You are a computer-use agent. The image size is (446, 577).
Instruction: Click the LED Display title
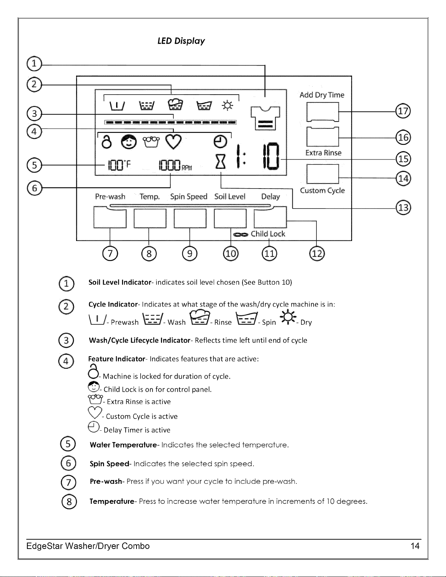(x=181, y=41)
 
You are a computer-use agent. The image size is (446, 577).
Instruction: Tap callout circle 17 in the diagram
(x=403, y=111)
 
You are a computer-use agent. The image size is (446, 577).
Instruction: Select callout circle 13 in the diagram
(x=403, y=208)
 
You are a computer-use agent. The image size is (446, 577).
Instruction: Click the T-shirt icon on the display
(x=265, y=118)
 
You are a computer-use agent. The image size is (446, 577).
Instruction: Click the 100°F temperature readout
(x=119, y=165)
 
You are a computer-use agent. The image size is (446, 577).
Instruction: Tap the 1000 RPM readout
(x=175, y=165)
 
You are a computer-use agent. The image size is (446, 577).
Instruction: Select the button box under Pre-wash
(x=110, y=217)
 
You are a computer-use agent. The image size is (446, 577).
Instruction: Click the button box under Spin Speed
(x=190, y=218)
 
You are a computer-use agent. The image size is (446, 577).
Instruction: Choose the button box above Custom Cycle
(x=323, y=174)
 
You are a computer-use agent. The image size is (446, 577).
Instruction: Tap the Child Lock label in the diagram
(x=268, y=234)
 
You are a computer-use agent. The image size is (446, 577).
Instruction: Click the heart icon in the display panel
(x=173, y=142)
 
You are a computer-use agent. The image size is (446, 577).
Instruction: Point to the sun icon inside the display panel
(x=227, y=106)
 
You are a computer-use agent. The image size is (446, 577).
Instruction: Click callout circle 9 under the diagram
(x=190, y=254)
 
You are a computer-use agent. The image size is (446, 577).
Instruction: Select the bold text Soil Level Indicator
(x=120, y=282)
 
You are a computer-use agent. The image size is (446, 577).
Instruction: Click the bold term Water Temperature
(x=123, y=445)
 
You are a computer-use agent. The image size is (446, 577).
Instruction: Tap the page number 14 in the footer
(x=415, y=546)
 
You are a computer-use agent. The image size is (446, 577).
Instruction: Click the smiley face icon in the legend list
(x=94, y=387)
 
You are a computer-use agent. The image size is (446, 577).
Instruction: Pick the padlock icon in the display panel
(x=106, y=142)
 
